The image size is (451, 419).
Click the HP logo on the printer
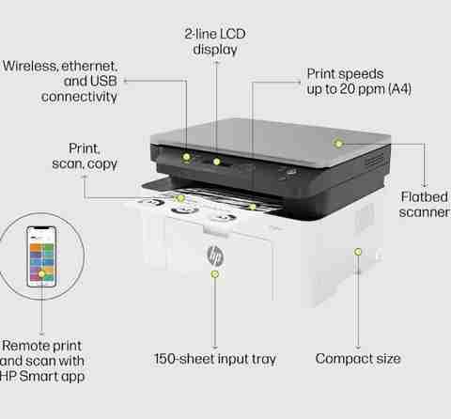click(215, 256)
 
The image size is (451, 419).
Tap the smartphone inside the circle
click(41, 256)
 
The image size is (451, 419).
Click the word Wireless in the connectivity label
click(30, 66)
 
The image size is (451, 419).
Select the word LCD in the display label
click(232, 34)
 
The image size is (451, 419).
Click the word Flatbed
click(425, 197)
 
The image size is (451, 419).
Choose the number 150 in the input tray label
click(165, 359)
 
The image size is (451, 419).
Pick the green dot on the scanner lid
click(338, 144)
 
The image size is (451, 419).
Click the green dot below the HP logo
click(214, 274)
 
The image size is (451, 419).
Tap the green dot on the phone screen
click(41, 274)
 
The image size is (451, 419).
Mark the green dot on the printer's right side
click(358, 252)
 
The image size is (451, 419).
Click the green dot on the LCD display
click(216, 162)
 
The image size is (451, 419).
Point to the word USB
click(103, 81)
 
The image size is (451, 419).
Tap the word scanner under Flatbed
click(425, 212)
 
